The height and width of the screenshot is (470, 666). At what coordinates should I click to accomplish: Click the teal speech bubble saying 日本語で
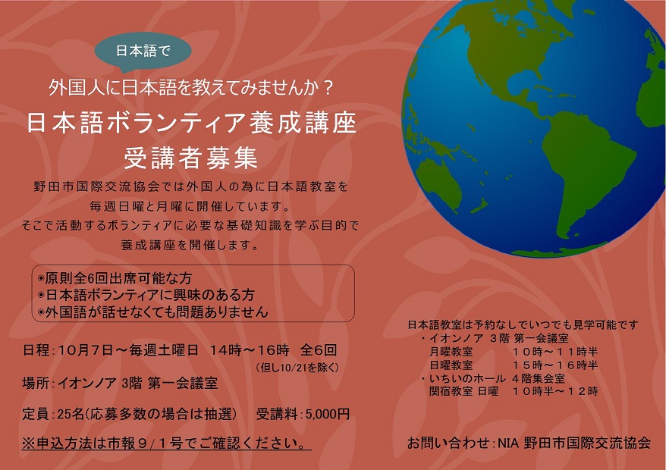[x=143, y=51]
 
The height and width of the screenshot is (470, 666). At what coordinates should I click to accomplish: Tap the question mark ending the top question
[x=327, y=87]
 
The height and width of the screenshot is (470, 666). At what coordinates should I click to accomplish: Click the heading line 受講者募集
[x=190, y=158]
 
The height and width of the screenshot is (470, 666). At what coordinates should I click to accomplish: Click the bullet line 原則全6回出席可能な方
[x=115, y=278]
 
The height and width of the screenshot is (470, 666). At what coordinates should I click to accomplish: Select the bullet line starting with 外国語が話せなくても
[x=153, y=312]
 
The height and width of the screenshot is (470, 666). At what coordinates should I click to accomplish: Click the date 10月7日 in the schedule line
[x=86, y=350]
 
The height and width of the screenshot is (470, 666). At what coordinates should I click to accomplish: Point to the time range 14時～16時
[x=250, y=350]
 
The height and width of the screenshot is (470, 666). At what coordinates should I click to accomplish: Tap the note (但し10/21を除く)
[x=298, y=367]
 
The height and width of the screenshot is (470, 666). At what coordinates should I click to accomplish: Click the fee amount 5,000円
[x=328, y=414]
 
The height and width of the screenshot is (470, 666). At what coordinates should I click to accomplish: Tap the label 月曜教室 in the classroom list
[x=451, y=352]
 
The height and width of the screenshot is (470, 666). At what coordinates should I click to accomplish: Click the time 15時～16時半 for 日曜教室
[x=555, y=365]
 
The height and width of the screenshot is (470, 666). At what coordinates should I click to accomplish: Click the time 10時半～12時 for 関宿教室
[x=555, y=391]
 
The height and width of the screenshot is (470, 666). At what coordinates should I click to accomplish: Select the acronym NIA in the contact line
[x=508, y=443]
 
